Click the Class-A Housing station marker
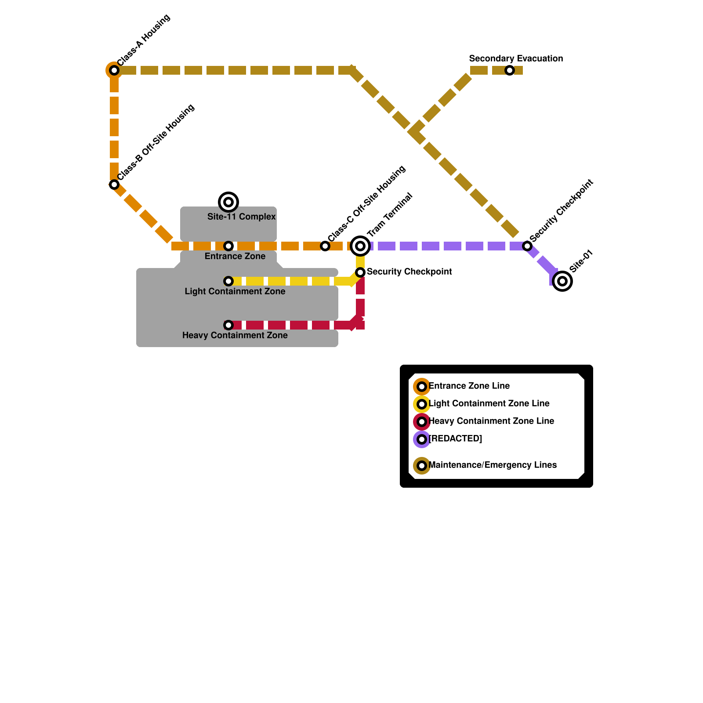click(x=114, y=70)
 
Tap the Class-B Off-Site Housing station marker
click(x=114, y=185)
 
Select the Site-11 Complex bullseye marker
click(x=228, y=202)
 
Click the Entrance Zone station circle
click(x=228, y=246)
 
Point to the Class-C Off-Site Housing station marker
click(x=325, y=246)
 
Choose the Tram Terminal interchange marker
click(x=360, y=246)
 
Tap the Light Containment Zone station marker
click(x=228, y=281)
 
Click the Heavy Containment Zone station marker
click(x=228, y=325)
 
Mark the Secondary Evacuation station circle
click(x=510, y=70)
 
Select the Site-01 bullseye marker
click(x=562, y=281)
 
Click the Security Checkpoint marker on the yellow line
click(x=360, y=272)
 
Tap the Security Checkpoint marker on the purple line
click(x=527, y=246)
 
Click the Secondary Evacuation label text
click(x=516, y=58)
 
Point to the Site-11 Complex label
click(x=241, y=217)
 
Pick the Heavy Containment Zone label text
click(x=235, y=335)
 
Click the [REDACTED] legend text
click(x=455, y=438)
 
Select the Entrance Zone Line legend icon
click(x=422, y=387)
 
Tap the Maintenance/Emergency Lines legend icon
click(x=422, y=466)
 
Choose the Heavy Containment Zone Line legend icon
click(x=422, y=422)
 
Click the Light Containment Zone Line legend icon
click(x=422, y=404)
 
